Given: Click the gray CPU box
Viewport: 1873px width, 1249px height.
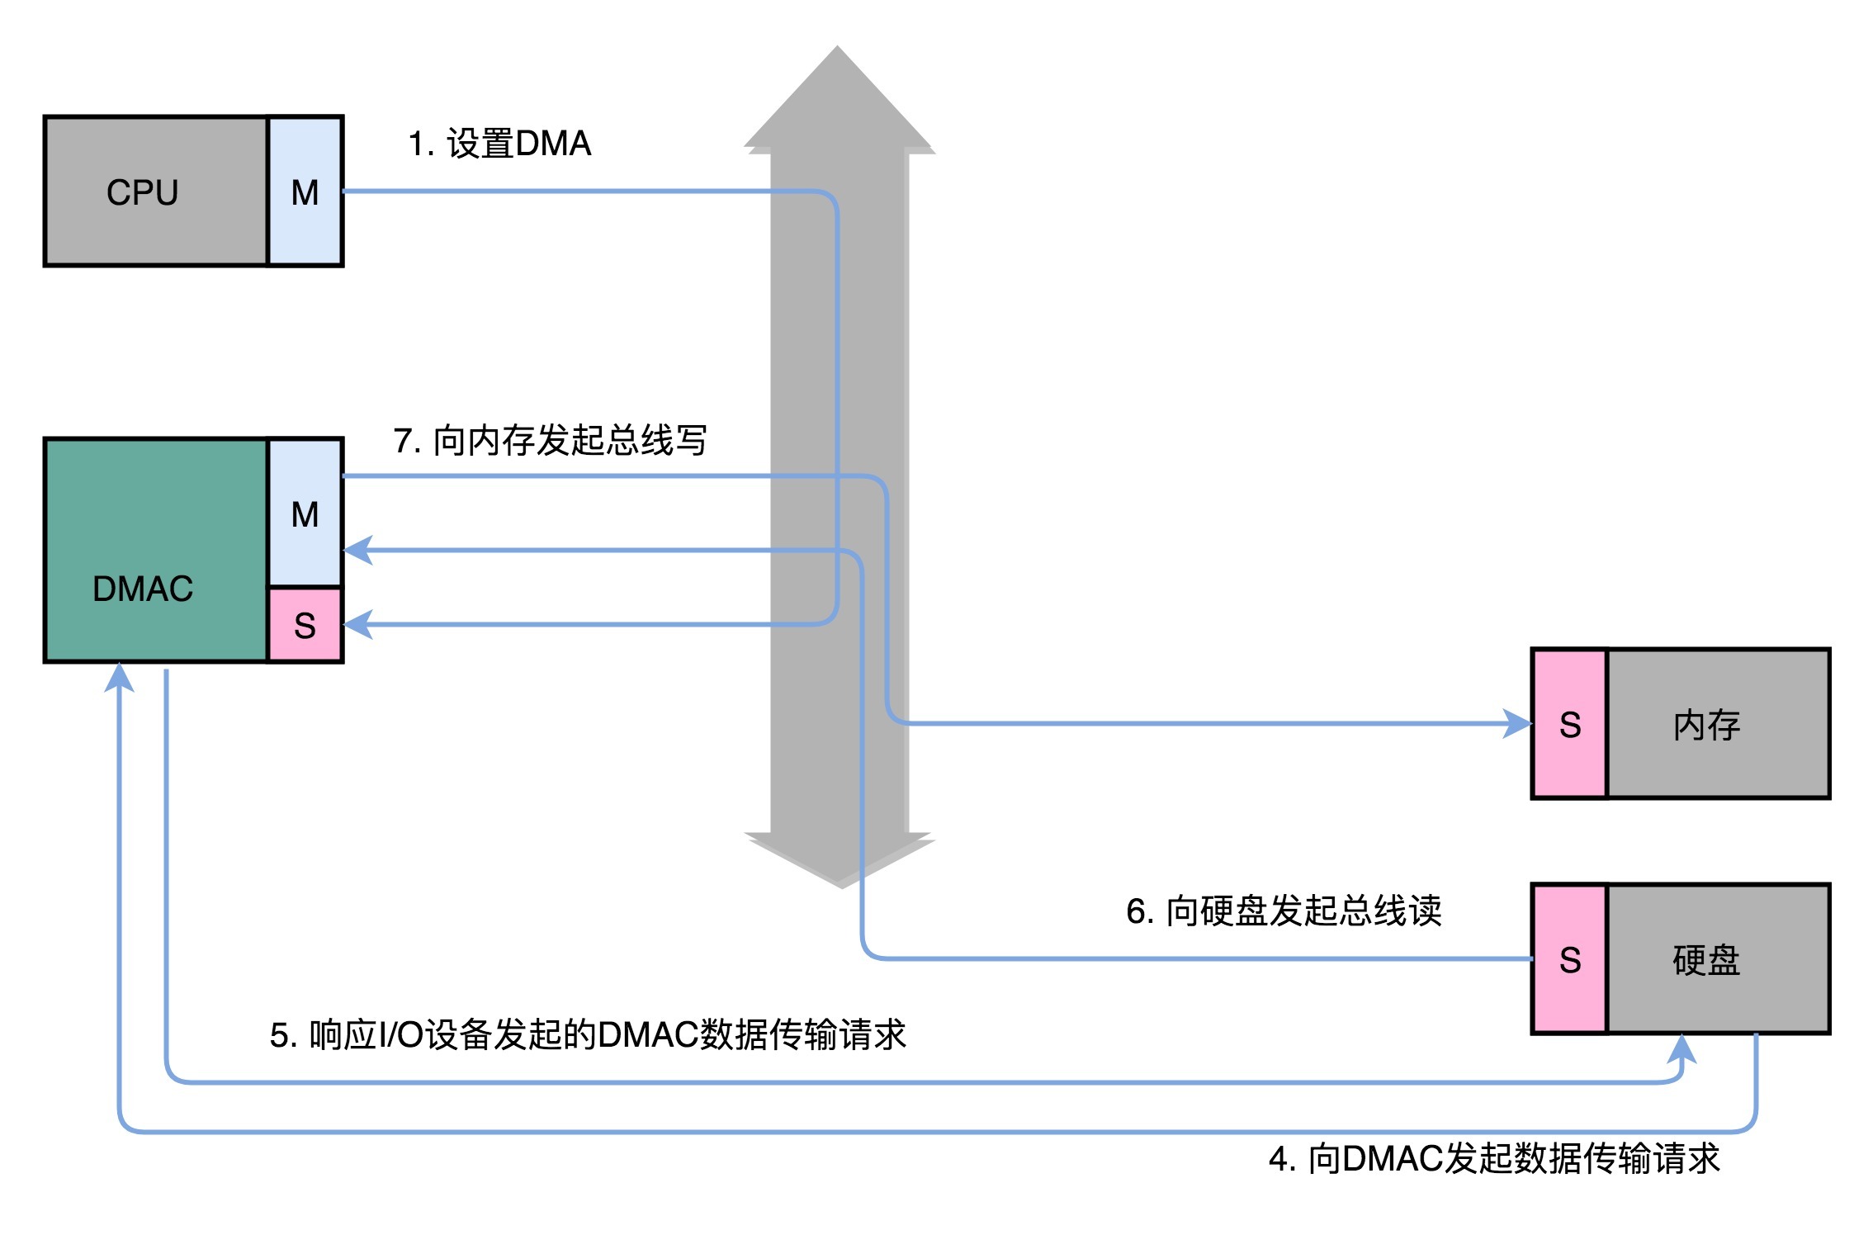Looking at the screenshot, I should pos(157,192).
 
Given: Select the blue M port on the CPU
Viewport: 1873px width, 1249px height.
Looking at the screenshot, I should pos(305,192).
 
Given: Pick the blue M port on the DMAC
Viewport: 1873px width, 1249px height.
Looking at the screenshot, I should pos(305,513).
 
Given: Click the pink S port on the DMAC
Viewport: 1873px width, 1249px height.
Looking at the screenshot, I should pos(305,625).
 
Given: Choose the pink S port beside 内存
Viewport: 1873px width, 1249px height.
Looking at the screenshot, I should pos(1570,724).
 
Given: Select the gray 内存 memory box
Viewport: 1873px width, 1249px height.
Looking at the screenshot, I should pos(1718,724).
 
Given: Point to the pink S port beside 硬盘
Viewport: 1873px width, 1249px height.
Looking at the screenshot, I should pos(1570,959).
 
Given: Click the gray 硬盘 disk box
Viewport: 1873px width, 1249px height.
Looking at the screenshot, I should pos(1718,959).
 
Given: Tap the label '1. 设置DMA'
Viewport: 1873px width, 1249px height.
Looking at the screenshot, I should pos(499,144).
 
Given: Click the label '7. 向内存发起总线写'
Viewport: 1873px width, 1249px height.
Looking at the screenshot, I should pos(550,440).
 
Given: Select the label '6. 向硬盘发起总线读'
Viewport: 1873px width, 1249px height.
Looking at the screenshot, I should pos(1284,911).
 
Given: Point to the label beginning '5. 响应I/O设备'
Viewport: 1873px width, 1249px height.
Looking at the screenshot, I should pos(588,1034).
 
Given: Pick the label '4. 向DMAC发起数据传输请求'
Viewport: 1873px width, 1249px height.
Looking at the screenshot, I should pos(1494,1158).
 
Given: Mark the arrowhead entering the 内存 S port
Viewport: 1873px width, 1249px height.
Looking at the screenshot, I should pos(1517,724).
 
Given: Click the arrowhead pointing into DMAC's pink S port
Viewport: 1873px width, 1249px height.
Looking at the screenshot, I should pos(358,624).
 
